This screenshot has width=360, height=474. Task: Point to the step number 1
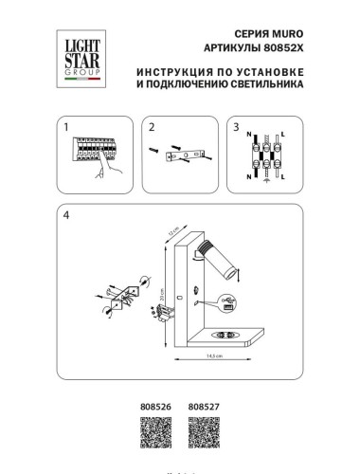coord(66,127)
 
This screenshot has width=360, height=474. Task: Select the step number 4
coord(66,214)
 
